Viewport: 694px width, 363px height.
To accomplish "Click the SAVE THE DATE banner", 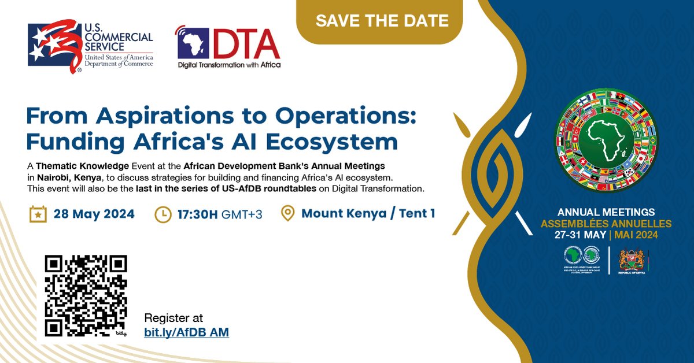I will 382,21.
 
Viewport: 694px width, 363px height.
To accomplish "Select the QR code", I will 86,296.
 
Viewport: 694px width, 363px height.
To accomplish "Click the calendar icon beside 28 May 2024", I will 38,214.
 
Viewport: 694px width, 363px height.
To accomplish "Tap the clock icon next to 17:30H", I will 163,214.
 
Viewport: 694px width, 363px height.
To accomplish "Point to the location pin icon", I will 287,214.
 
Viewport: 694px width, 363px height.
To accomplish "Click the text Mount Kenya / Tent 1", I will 368,214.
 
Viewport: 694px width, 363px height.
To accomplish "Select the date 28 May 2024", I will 94,214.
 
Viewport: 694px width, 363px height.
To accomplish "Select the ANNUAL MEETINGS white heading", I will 606,213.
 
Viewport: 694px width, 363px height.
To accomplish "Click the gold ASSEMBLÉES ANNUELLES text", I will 606,224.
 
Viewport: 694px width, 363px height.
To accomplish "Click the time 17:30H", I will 197,214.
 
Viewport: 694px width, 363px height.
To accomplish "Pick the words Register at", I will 173,318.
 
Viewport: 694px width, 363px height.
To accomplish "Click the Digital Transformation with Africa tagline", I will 229,65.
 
